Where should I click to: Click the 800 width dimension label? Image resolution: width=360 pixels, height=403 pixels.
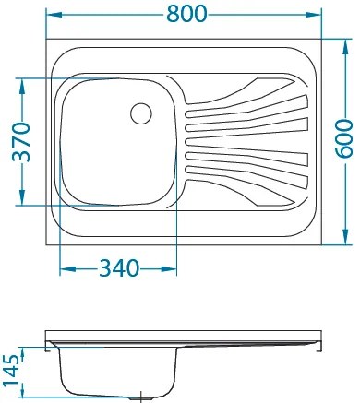(186, 14)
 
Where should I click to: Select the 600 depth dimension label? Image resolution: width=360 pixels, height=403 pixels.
(344, 138)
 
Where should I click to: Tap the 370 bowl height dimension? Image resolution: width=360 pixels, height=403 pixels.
(21, 142)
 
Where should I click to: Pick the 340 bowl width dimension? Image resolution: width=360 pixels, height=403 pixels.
(118, 268)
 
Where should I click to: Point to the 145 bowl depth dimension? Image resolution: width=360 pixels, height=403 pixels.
(12, 370)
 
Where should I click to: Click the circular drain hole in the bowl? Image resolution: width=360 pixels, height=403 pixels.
(141, 113)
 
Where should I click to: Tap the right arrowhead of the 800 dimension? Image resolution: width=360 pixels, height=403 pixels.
(313, 15)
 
